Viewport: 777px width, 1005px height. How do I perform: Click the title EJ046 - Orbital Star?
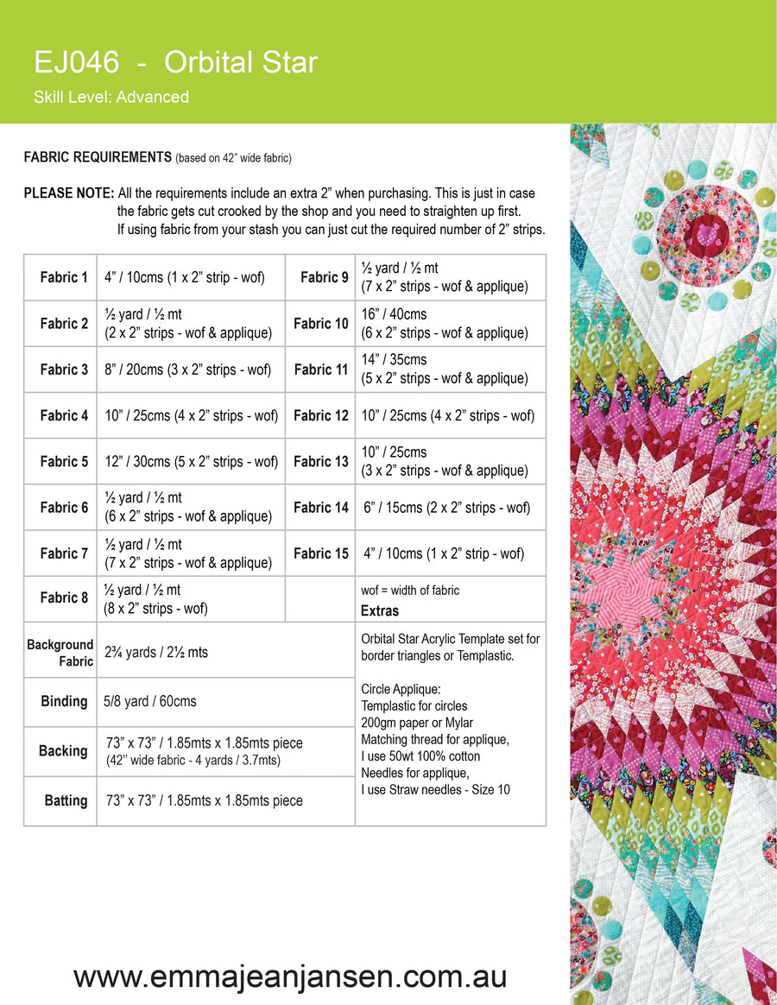(x=175, y=62)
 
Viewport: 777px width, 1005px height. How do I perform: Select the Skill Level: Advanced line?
(x=111, y=97)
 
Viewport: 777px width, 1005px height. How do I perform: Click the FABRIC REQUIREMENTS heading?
(x=98, y=157)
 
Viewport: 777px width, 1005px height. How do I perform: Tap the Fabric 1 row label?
(x=64, y=277)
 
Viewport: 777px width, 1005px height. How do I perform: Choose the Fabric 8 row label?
(x=64, y=597)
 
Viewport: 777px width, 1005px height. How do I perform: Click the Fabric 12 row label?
(x=320, y=415)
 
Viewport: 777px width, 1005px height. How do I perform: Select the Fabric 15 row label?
(x=320, y=553)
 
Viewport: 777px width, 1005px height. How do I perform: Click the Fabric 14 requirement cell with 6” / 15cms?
(x=447, y=508)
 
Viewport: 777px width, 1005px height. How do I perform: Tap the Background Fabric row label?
(x=60, y=653)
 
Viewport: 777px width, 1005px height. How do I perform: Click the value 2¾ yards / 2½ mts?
(x=156, y=653)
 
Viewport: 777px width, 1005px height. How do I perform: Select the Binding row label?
(x=64, y=701)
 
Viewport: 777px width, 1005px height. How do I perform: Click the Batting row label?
(x=66, y=800)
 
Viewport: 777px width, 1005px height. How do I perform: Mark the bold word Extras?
(x=380, y=610)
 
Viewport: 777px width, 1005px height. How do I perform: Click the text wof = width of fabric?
(x=410, y=591)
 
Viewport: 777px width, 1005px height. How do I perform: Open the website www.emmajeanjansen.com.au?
(x=290, y=977)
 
